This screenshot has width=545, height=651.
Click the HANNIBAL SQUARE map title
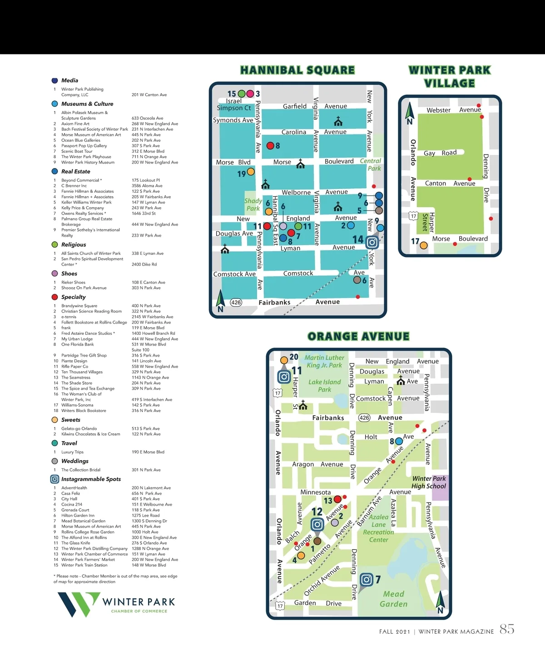297,70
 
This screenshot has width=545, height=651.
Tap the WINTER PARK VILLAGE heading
450,77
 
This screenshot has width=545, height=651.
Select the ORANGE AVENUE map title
358,337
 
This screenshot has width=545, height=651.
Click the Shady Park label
253,205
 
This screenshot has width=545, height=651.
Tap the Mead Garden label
393,599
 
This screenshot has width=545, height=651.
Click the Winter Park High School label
429,482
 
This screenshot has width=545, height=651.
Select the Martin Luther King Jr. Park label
324,361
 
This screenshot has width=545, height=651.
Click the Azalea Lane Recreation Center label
378,528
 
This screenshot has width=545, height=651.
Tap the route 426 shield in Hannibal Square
236,303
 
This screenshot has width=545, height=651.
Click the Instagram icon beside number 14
372,242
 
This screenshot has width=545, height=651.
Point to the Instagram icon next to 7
366,580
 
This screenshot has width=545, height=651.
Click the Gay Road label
440,153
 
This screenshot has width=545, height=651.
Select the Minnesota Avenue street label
316,492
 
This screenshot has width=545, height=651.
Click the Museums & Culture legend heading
87,104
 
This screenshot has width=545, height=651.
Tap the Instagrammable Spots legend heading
91,479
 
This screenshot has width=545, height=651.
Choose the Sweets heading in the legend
71,420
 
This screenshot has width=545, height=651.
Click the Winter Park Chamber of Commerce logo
116,604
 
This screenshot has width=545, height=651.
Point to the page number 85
507,629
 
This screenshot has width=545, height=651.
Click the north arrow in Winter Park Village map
410,113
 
